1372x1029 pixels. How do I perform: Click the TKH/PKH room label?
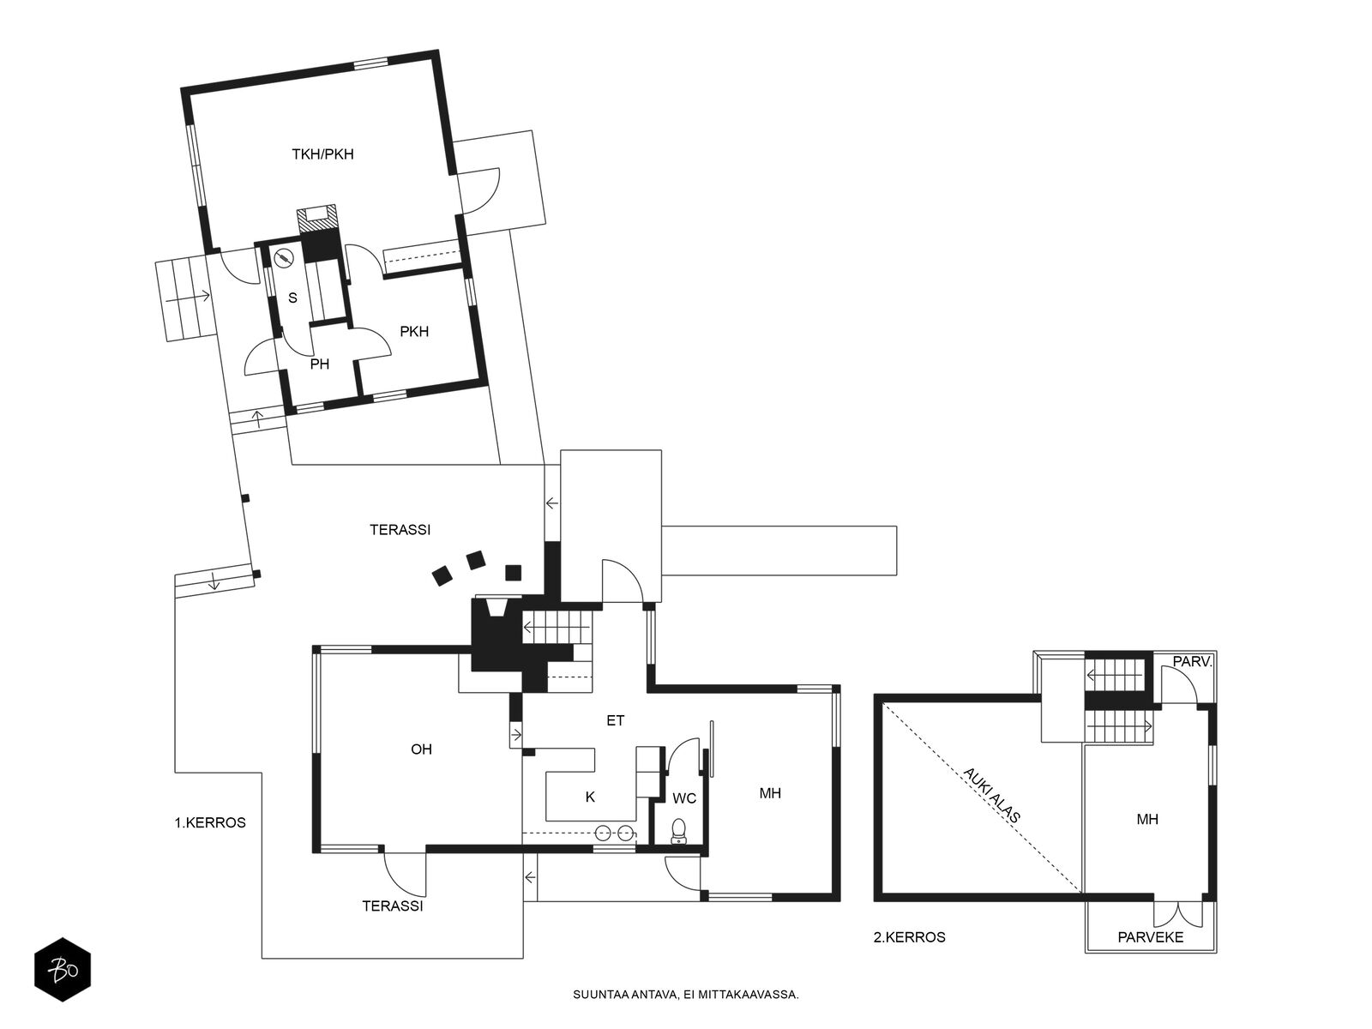[322, 153]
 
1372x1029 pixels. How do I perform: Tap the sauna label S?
[292, 298]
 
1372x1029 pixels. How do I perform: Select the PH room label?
[319, 364]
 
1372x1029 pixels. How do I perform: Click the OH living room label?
[421, 749]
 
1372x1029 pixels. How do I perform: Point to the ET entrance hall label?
[615, 720]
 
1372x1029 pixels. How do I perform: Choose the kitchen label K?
[590, 797]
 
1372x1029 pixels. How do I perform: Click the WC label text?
[684, 798]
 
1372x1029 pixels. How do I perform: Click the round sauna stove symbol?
[284, 258]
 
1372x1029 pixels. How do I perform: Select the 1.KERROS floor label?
[210, 823]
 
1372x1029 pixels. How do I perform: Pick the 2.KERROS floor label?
[910, 937]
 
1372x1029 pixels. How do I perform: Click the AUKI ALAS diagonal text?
[991, 795]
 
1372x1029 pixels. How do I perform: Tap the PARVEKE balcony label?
[1151, 937]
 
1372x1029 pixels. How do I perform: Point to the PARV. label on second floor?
[1192, 662]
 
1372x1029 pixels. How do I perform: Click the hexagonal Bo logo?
[63, 970]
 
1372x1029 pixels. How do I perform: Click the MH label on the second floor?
[1147, 819]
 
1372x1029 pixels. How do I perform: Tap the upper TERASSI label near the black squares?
[400, 530]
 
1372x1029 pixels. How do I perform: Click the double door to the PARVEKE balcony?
[1177, 913]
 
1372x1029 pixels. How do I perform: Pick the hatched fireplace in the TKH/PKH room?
[317, 219]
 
